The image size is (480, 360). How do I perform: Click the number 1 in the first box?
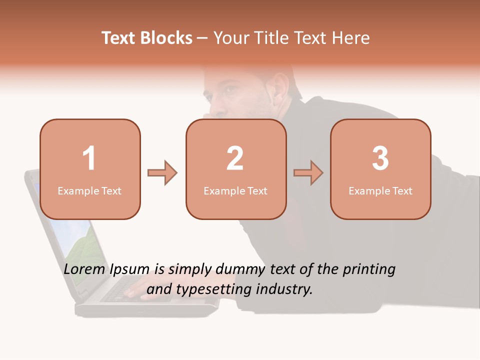point(89,158)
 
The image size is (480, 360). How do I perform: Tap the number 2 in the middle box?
point(235,158)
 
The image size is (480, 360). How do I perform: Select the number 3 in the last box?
point(380,158)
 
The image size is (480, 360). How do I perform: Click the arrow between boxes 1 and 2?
point(162,173)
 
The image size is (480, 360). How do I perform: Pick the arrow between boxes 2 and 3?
point(308,173)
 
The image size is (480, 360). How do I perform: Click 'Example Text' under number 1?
point(89,190)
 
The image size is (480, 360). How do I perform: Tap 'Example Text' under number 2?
point(235,190)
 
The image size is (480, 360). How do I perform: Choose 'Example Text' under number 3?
point(380,190)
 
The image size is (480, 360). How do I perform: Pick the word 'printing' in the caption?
point(369,270)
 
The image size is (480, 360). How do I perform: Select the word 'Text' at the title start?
point(119,38)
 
